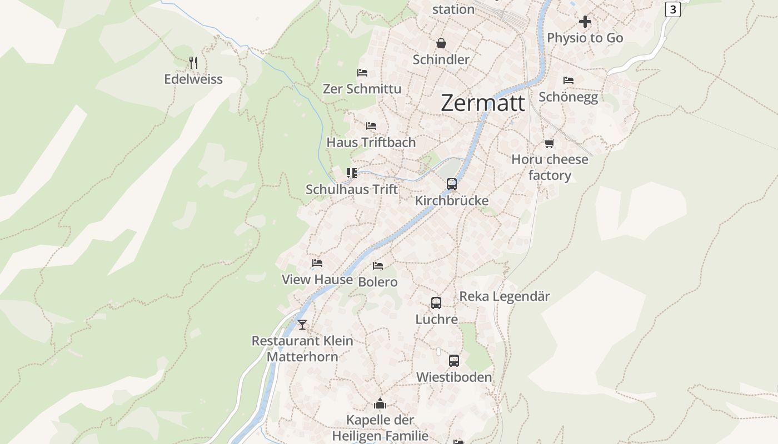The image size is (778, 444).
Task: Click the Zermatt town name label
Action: click(x=482, y=103)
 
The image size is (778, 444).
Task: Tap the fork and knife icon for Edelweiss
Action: click(x=193, y=62)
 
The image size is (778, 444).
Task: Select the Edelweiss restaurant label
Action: click(x=193, y=79)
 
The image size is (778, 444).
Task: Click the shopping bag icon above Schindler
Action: click(x=441, y=43)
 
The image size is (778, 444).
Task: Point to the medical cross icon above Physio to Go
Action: click(x=585, y=22)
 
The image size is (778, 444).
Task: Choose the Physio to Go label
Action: click(x=585, y=38)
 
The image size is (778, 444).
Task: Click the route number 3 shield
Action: click(x=672, y=9)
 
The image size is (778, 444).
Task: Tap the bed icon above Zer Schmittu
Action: click(x=362, y=73)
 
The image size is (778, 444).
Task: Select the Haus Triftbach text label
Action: click(x=371, y=142)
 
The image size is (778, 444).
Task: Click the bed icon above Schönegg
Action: click(x=568, y=80)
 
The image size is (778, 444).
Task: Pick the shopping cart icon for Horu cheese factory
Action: click(x=549, y=144)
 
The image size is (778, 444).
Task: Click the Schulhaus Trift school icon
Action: click(x=351, y=173)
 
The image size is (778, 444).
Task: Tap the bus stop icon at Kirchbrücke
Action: click(x=451, y=184)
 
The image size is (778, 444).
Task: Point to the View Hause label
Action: click(x=317, y=279)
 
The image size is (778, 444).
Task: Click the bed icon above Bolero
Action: click(x=378, y=266)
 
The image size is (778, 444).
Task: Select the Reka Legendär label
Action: click(x=504, y=296)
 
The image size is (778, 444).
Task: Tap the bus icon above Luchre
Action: click(x=436, y=303)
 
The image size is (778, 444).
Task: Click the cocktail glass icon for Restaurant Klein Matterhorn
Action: click(x=302, y=325)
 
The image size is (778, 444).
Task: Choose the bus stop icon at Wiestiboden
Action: click(x=454, y=361)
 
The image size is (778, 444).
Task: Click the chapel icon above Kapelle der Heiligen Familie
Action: click(x=380, y=403)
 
